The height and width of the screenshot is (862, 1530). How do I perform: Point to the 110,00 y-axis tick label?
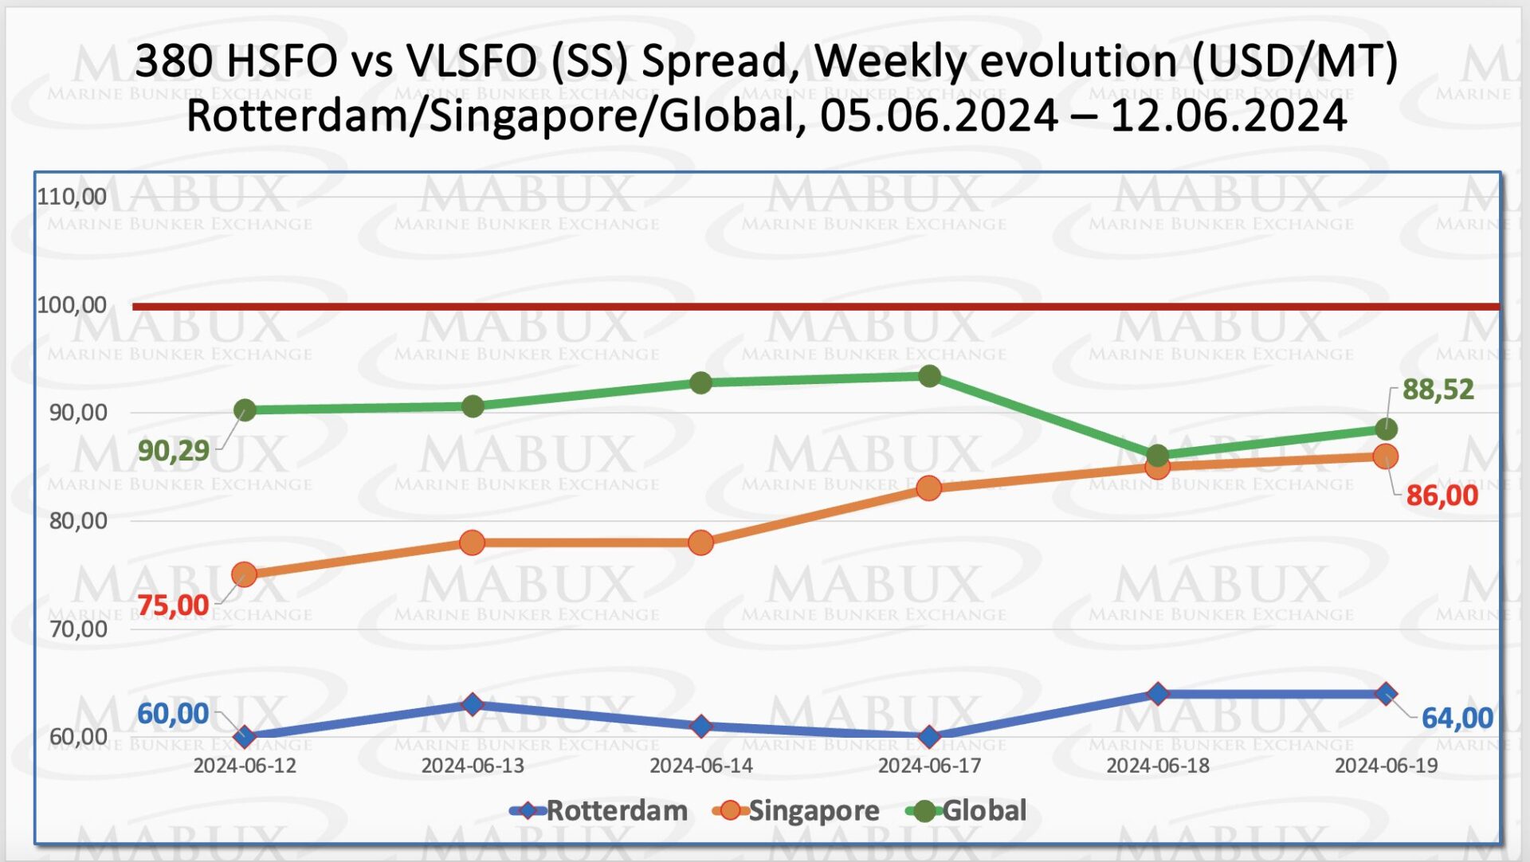pyautogui.click(x=72, y=196)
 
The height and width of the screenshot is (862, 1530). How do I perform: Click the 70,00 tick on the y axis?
pyautogui.click(x=78, y=629)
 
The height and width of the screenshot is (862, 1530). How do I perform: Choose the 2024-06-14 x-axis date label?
pyautogui.click(x=700, y=766)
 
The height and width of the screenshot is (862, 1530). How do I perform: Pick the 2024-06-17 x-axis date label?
pyautogui.click(x=929, y=766)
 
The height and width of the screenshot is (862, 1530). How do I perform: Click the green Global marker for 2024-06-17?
pyautogui.click(x=929, y=376)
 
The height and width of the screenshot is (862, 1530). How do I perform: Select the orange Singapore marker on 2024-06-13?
pyautogui.click(x=473, y=543)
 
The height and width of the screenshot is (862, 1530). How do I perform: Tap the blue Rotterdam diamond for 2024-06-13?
pyautogui.click(x=473, y=704)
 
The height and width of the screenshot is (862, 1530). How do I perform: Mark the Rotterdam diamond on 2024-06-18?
pyautogui.click(x=1158, y=694)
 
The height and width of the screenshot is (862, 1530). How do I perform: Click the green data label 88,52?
pyautogui.click(x=1438, y=390)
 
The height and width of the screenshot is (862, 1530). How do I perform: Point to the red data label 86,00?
pyautogui.click(x=1442, y=496)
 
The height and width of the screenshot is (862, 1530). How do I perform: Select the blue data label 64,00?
pyautogui.click(x=1457, y=718)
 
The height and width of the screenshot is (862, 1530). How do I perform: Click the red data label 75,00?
pyautogui.click(x=173, y=605)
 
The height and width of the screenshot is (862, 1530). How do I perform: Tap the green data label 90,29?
pyautogui.click(x=173, y=451)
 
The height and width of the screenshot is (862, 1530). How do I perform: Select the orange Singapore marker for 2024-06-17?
pyautogui.click(x=928, y=488)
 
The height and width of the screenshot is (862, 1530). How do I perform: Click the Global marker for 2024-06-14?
pyautogui.click(x=700, y=383)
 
